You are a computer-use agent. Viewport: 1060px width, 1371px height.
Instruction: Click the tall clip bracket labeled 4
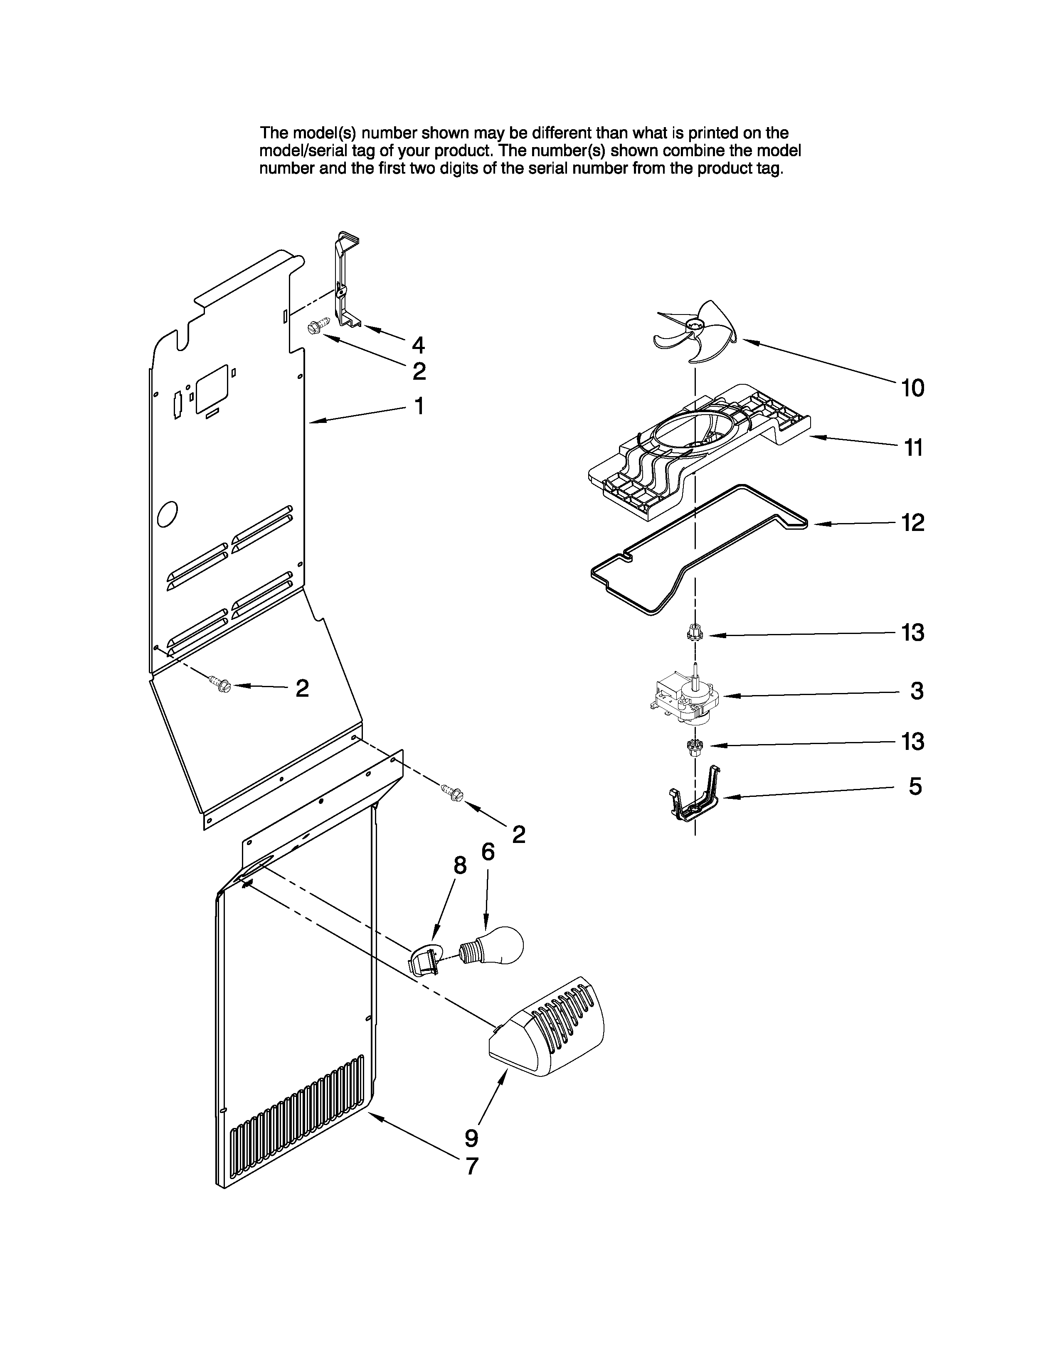344,283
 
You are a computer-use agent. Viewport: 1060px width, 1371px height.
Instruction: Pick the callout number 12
913,522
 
